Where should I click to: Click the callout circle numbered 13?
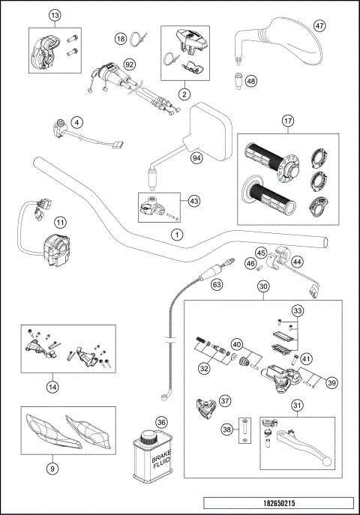[x=53, y=16]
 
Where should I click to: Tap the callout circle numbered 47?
[x=319, y=25]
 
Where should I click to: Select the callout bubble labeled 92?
[x=130, y=64]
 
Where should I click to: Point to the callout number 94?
[x=196, y=158]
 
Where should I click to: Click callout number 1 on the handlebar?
[x=177, y=235]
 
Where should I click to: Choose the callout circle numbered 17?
[x=287, y=121]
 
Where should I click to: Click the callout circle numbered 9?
[x=51, y=469]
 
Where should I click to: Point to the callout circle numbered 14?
[x=51, y=387]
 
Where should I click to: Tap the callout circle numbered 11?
[x=59, y=221]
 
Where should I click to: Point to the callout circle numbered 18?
[x=121, y=38]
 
